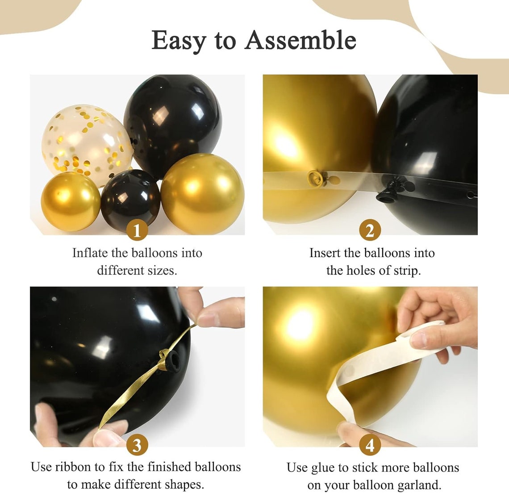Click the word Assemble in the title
(x=300, y=40)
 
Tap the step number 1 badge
(x=137, y=231)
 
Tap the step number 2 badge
(x=370, y=231)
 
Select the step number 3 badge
(x=137, y=445)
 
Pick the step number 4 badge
(x=370, y=445)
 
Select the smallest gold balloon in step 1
(x=71, y=201)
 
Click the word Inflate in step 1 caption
(x=90, y=253)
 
